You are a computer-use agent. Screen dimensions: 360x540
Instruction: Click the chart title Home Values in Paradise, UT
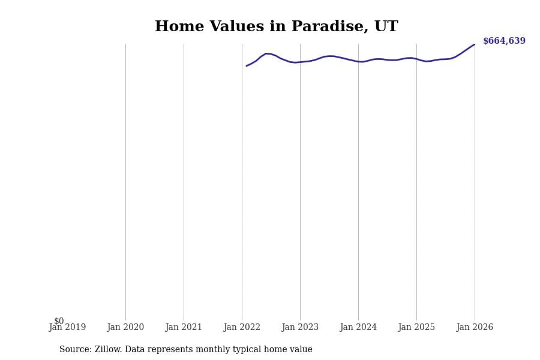coord(276,27)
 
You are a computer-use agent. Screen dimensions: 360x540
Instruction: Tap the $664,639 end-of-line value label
coord(504,41)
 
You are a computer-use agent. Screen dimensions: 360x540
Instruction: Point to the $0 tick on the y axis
coord(59,321)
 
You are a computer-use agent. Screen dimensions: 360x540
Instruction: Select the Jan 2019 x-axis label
coord(67,328)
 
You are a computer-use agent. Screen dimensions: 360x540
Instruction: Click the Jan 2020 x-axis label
coord(125,328)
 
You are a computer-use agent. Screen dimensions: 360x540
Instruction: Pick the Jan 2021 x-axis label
coord(184,328)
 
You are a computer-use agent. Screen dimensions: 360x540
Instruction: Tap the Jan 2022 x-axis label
coord(242,328)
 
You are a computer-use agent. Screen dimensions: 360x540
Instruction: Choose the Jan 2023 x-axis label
coord(300,328)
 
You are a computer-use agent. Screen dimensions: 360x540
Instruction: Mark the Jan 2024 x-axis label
coord(358,328)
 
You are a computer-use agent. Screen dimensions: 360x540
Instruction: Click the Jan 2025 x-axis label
coord(416,328)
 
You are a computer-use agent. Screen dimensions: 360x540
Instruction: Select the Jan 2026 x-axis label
coord(475,328)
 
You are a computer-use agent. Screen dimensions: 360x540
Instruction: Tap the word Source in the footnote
coord(75,350)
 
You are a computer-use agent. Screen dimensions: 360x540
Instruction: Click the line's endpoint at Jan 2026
coord(475,44)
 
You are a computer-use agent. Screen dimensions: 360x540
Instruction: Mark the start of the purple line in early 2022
coord(247,66)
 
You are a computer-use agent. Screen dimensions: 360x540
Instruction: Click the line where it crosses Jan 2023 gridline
coord(300,62)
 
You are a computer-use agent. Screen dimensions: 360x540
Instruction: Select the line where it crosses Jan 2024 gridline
coord(358,61)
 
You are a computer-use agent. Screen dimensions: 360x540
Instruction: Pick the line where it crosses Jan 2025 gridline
coord(416,59)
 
